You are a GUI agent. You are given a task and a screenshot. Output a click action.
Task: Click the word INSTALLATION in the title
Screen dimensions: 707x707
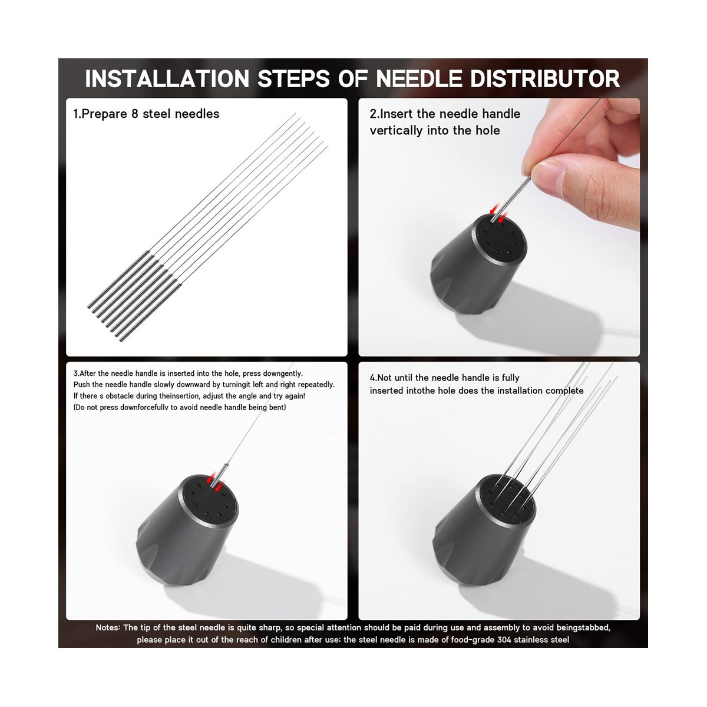point(167,78)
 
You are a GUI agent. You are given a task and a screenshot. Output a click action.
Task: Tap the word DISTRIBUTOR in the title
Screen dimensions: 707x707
point(545,78)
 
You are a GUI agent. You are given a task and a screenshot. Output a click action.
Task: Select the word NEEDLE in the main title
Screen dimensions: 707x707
point(419,78)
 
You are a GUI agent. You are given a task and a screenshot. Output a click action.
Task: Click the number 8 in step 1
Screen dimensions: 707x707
point(135,114)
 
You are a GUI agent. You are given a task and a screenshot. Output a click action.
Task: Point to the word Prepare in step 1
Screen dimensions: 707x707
point(104,114)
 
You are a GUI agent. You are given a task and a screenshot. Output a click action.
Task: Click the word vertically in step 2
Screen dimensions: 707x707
point(396,131)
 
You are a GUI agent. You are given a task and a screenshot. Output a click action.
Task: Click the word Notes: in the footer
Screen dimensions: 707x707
point(108,627)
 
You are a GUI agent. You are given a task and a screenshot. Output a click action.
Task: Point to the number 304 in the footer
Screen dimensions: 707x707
point(504,640)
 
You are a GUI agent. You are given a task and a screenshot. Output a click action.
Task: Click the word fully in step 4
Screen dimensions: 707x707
point(510,378)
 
